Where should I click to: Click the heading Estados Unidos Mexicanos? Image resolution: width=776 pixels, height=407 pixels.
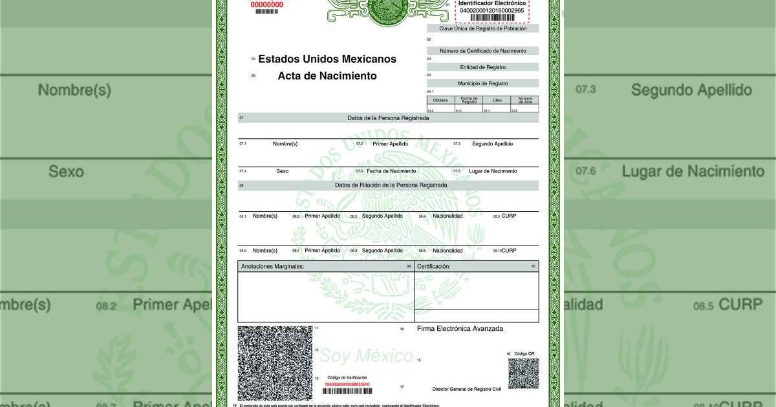[327, 59]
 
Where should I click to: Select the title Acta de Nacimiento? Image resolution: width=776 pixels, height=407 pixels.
[327, 76]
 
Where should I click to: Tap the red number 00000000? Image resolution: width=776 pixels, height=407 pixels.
[266, 5]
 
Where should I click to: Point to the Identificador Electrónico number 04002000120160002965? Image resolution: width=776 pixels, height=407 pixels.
[492, 11]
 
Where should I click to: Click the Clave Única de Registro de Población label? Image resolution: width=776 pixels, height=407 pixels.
[482, 28]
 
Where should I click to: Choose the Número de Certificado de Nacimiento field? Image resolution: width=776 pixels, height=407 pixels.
[482, 50]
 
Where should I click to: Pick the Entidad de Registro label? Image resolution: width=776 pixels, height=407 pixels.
[482, 67]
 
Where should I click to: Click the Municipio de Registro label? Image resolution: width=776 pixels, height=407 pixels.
[482, 83]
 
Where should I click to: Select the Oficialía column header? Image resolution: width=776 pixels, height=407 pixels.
[440, 101]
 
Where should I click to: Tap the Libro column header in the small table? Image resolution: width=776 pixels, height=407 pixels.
[497, 101]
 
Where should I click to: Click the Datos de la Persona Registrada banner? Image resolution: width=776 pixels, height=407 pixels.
[388, 118]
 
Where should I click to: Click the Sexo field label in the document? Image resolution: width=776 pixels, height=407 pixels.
[282, 171]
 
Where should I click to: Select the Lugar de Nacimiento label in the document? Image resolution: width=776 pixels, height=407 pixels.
[493, 171]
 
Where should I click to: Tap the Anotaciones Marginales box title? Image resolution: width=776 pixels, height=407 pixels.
[272, 266]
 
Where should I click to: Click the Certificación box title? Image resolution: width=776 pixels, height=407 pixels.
[433, 266]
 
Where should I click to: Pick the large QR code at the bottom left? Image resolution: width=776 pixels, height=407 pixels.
[275, 363]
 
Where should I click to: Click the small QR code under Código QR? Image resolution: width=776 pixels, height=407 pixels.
[523, 373]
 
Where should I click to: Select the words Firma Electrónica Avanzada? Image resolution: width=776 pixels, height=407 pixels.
[460, 329]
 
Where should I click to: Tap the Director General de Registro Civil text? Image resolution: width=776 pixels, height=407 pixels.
[466, 389]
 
